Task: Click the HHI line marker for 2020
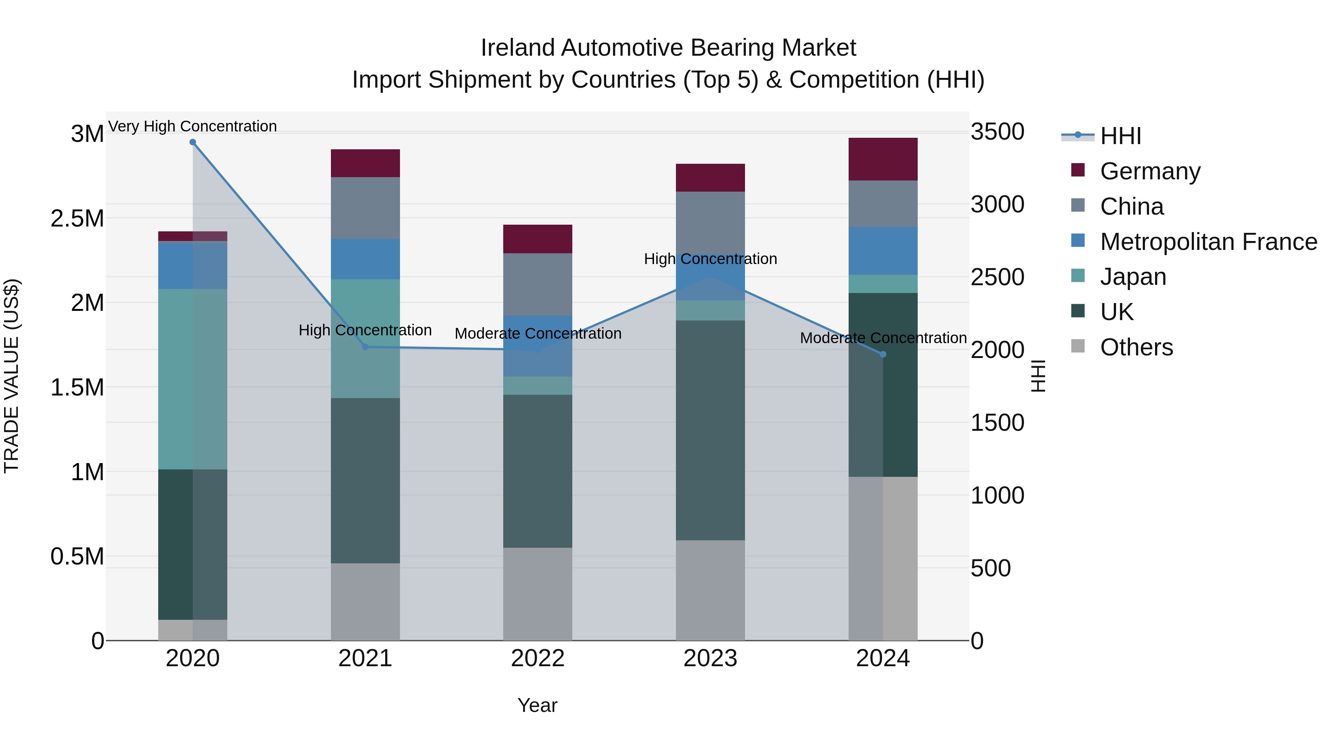(192, 142)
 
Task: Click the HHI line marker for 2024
(883, 355)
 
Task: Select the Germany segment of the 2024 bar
(883, 159)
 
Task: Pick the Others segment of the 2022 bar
(538, 594)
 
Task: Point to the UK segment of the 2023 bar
(710, 430)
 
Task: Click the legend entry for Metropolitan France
(1208, 242)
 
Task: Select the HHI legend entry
(1120, 136)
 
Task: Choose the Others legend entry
(1136, 347)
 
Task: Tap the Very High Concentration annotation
(192, 126)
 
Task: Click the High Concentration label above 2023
(710, 258)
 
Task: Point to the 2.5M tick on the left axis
(77, 218)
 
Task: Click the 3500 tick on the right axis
(997, 132)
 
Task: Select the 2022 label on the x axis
(538, 658)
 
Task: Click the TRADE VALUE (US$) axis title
(12, 376)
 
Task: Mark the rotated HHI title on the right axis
(1038, 376)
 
